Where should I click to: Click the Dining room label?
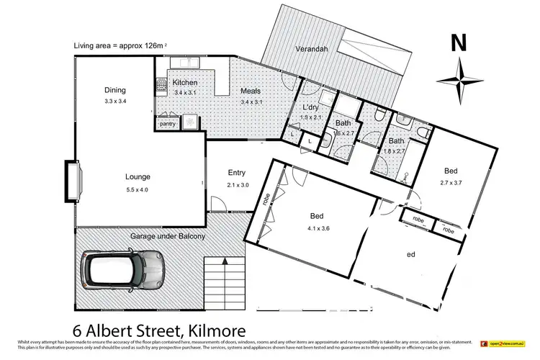[x=115, y=90]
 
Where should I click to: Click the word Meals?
[x=251, y=92]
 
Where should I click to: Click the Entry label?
[x=237, y=173]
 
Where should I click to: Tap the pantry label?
[x=168, y=124]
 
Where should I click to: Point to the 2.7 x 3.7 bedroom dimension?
[x=451, y=184]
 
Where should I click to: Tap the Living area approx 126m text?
[x=119, y=46]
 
